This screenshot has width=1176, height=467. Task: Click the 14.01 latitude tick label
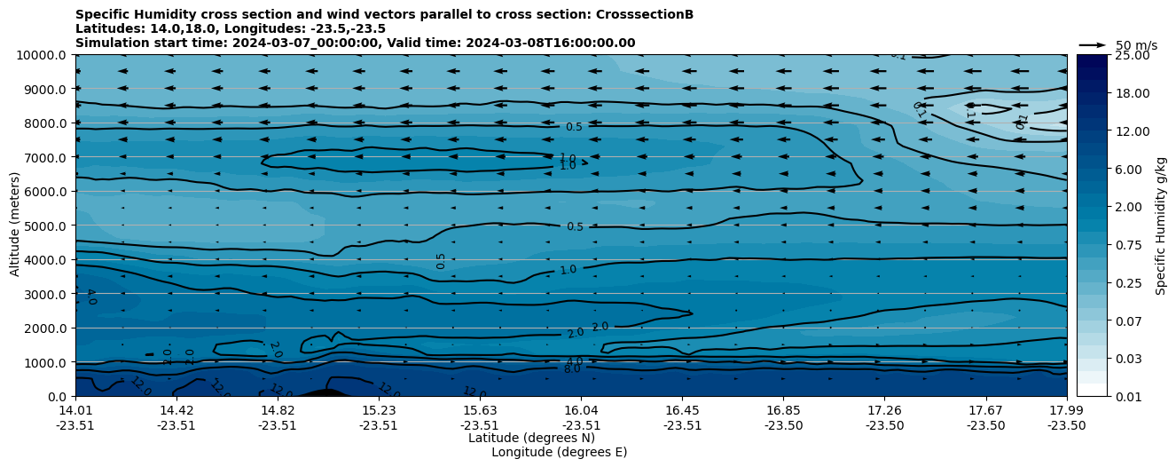(x=75, y=410)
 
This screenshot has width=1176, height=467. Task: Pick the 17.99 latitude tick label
(x=1066, y=410)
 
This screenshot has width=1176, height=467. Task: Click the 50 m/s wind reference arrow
(x=1092, y=44)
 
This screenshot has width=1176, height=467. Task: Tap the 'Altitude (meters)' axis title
(x=15, y=226)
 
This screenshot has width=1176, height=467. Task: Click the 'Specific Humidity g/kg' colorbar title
(x=1162, y=226)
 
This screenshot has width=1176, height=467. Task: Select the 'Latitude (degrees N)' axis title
(x=531, y=438)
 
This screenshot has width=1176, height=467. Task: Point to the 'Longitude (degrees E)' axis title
(x=559, y=452)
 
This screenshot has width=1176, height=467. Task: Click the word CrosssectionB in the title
(x=648, y=15)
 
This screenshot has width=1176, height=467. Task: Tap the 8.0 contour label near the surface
(x=572, y=369)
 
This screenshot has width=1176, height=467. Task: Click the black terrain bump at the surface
(x=326, y=392)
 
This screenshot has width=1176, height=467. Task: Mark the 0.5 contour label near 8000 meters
(x=574, y=127)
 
